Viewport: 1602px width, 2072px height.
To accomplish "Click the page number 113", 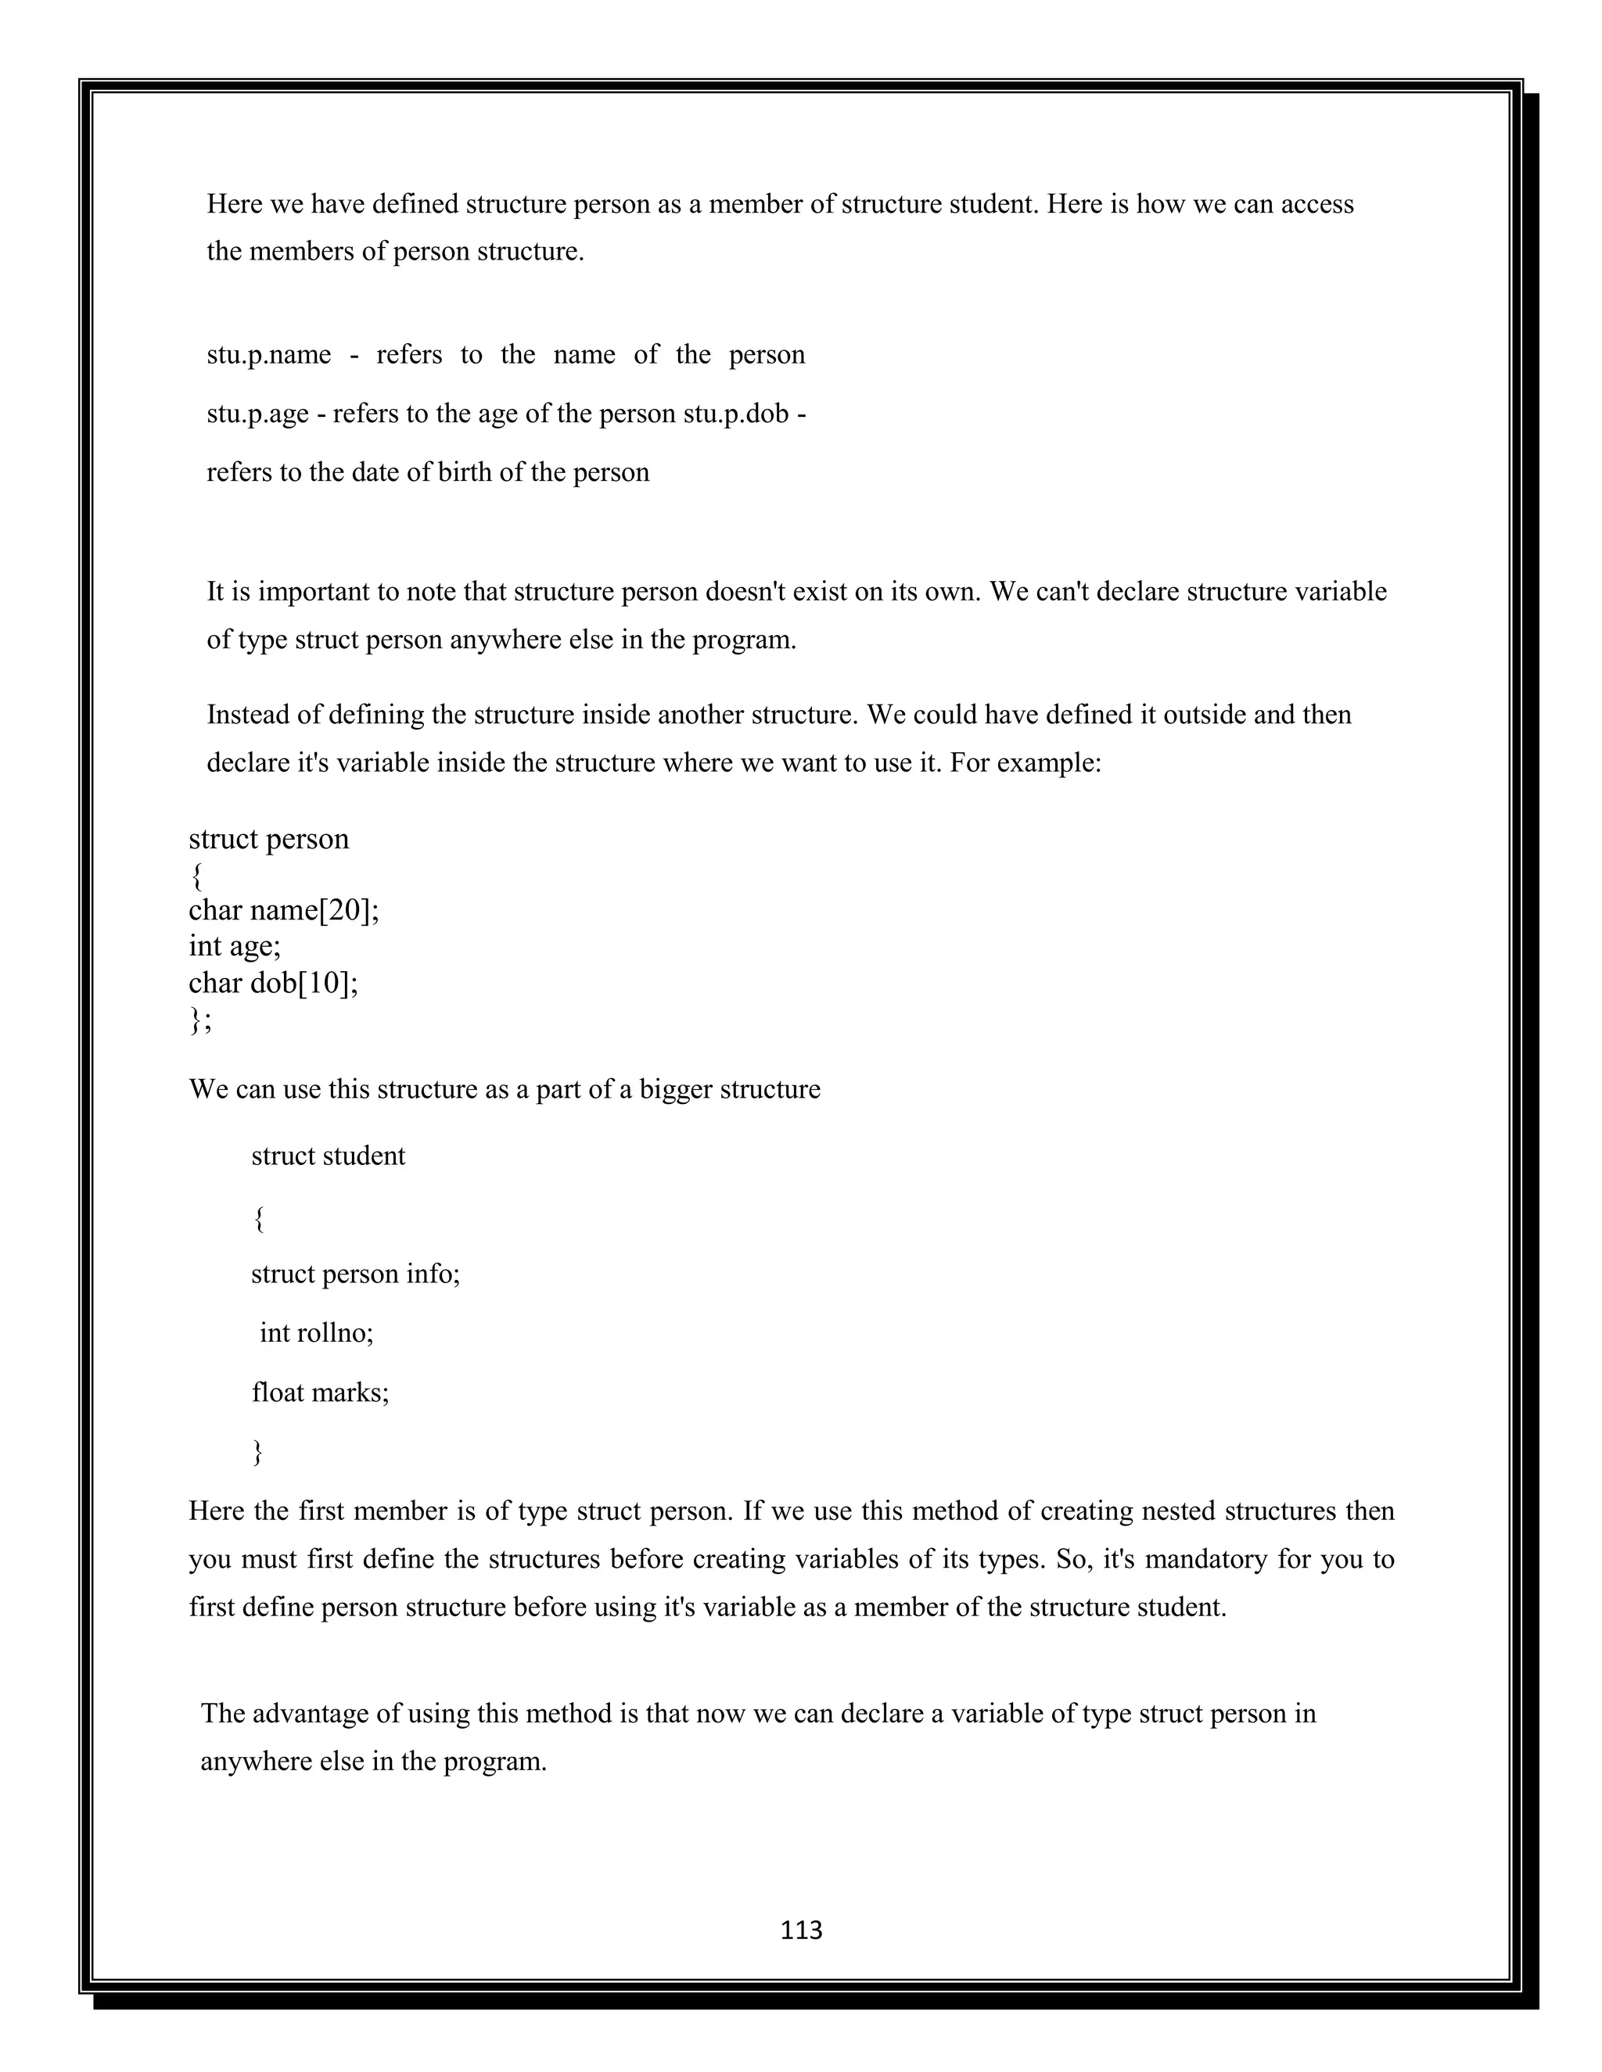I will click(x=801, y=1930).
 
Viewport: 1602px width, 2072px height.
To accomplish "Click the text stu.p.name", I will click(x=268, y=355).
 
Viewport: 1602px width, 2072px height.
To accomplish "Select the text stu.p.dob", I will click(x=736, y=414).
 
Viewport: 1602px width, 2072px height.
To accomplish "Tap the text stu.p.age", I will click(x=257, y=414).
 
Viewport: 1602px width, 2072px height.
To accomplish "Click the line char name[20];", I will click(x=284, y=910).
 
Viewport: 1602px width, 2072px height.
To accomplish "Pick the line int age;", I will click(x=235, y=946).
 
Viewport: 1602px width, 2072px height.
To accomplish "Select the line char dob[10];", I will click(x=273, y=982).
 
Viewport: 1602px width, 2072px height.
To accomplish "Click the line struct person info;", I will click(x=355, y=1273).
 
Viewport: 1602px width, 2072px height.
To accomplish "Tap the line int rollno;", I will click(x=317, y=1333).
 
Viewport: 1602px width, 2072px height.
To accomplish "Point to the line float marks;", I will click(x=320, y=1392).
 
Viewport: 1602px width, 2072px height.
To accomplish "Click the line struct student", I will click(x=328, y=1156).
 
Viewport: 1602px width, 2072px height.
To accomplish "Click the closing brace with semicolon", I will click(x=200, y=1019).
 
